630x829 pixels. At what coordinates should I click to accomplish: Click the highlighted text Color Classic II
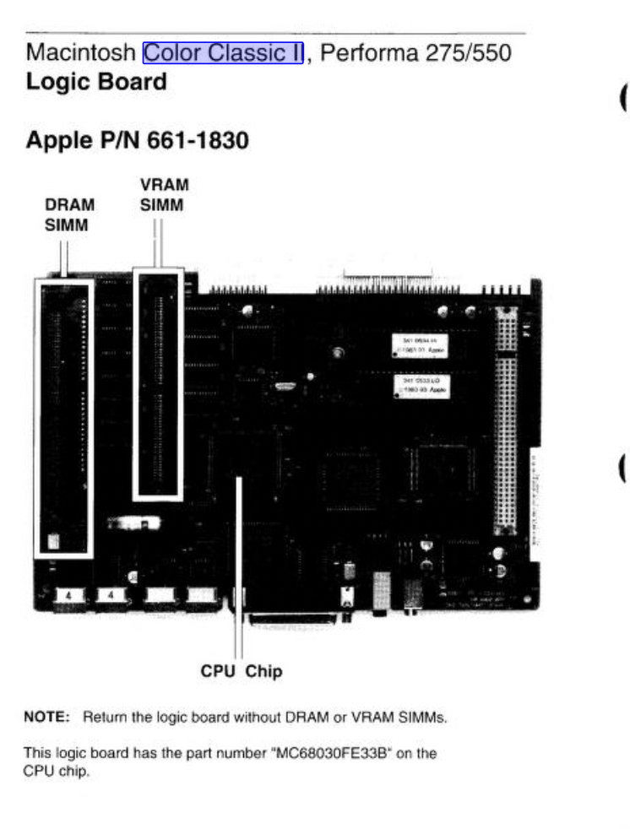pos(223,53)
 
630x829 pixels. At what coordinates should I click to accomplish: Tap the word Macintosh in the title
pos(80,53)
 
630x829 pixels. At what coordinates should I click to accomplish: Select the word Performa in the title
pos(369,53)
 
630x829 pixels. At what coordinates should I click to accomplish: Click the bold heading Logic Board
pos(96,83)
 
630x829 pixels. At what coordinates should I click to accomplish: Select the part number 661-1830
pos(198,140)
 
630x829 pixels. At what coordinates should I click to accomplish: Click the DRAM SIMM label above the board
pos(69,214)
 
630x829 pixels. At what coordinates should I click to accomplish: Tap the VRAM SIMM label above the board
pos(164,194)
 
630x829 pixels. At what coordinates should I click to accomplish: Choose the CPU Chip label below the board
pos(241,672)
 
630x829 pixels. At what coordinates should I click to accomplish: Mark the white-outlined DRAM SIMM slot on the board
pos(63,418)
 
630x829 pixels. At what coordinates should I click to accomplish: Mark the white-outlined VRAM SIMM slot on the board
pos(158,383)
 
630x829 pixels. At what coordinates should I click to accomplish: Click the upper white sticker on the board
pos(419,344)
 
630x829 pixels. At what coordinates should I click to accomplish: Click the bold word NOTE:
pos(46,718)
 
